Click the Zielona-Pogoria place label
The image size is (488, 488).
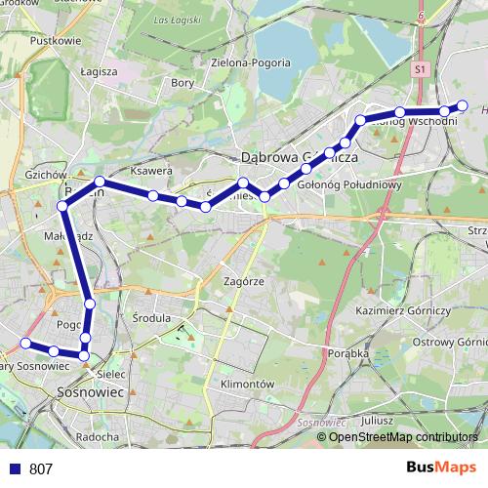click(x=250, y=62)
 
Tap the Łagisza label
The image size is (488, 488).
click(x=99, y=71)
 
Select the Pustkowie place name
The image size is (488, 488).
click(x=56, y=41)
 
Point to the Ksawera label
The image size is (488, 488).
click(x=151, y=170)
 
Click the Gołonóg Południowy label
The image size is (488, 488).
click(x=351, y=183)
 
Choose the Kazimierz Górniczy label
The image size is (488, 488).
click(x=403, y=309)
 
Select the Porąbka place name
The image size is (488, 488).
click(x=349, y=353)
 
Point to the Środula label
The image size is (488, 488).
click(x=150, y=318)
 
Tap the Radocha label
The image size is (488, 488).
click(x=97, y=436)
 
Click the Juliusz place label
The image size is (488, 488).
click(x=376, y=420)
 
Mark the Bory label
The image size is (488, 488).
click(x=183, y=83)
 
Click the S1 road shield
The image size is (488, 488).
click(x=420, y=70)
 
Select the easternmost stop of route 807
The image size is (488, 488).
click(x=463, y=105)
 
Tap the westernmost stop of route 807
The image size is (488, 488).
click(x=25, y=343)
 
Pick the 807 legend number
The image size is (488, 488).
click(x=41, y=469)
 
